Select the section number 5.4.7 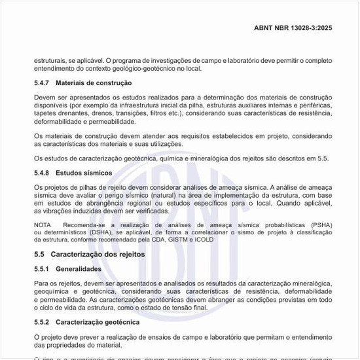[x=43, y=83]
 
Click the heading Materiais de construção [x=94, y=83]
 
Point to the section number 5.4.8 [x=43, y=173]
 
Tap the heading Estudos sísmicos [x=84, y=173]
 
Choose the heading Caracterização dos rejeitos [x=98, y=254]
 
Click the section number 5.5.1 [x=43, y=268]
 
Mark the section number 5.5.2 [x=43, y=322]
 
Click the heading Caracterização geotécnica [x=98, y=322]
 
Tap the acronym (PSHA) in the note [x=321, y=225]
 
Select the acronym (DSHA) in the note [x=100, y=232]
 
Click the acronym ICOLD [x=204, y=240]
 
